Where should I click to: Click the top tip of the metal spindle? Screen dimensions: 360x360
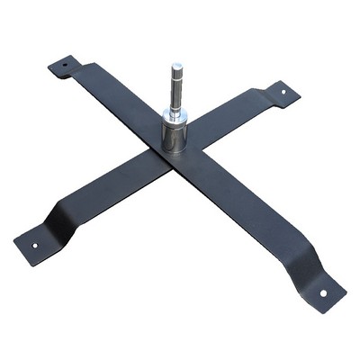[x=176, y=64]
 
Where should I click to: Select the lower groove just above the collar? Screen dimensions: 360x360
[x=176, y=107]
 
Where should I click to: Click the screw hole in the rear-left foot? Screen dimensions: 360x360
[x=64, y=65]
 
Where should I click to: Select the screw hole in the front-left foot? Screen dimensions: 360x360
[x=35, y=244]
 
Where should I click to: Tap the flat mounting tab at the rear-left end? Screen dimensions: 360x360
[x=63, y=66]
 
